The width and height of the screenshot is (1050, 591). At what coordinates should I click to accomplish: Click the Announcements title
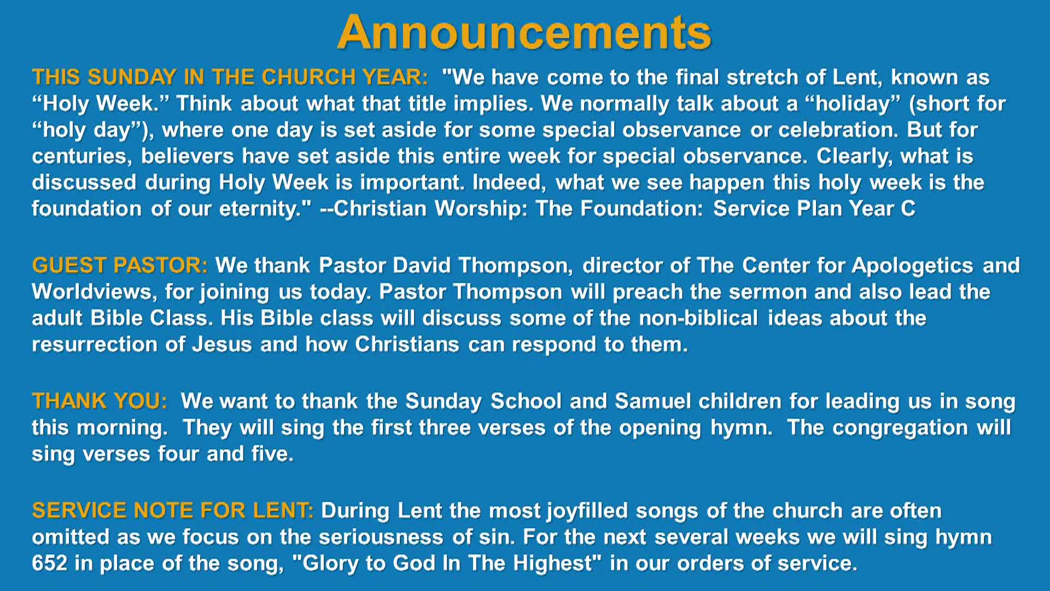click(524, 33)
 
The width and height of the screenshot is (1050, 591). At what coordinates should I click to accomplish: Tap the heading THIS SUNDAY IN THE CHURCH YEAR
click(230, 77)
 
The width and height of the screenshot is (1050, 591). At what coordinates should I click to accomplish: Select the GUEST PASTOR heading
click(119, 265)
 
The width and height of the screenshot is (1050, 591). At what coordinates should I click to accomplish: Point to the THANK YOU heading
click(100, 401)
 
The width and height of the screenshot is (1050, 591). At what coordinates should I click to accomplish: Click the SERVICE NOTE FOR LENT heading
click(172, 511)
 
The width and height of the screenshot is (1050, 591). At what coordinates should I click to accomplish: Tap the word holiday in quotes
click(853, 103)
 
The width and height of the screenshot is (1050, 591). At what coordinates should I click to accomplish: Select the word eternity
click(265, 209)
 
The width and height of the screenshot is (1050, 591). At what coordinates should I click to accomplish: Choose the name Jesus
click(222, 345)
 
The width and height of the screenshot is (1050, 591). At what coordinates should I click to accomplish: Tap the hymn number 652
click(49, 563)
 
